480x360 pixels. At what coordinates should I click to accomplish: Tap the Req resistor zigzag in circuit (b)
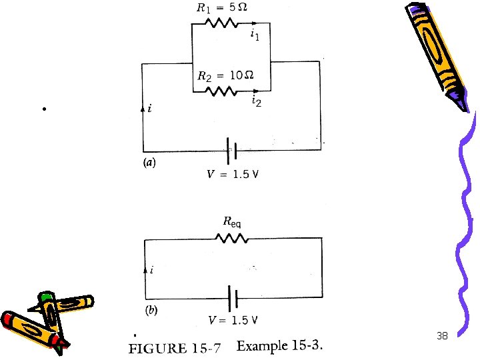pos(231,237)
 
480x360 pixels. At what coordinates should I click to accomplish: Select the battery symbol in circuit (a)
pos(231,151)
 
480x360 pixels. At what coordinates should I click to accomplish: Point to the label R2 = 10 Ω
pos(225,75)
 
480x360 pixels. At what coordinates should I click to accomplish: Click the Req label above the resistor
pos(231,223)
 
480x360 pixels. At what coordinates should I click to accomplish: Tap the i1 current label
pos(255,35)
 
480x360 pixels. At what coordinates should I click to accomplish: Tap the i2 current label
pos(255,101)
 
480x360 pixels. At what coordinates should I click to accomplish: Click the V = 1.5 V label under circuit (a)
pos(233,175)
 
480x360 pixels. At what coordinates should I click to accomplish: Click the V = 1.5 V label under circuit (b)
pos(233,320)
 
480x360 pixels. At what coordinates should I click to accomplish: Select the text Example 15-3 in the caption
pos(280,346)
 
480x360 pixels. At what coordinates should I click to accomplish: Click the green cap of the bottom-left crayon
pos(45,295)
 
